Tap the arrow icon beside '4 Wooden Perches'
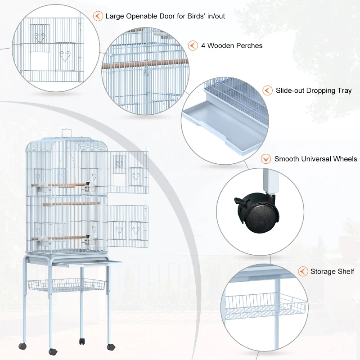click(193, 45)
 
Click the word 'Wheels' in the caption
click(345, 159)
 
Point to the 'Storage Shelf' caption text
click(332, 271)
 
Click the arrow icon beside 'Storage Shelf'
click(302, 271)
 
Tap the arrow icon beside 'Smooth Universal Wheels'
click(266, 159)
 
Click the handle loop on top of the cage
click(67, 132)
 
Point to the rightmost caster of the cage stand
click(110, 346)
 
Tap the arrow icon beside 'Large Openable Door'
click(97, 16)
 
